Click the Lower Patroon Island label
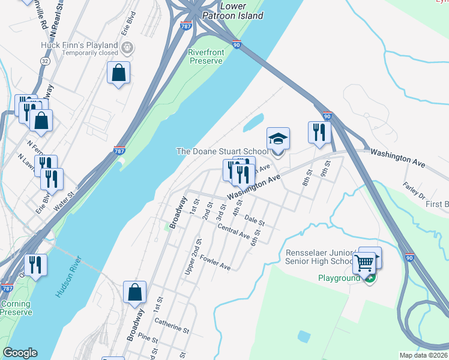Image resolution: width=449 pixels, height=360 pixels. click(x=242, y=11)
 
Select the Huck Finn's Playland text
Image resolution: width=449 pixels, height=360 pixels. click(x=79, y=46)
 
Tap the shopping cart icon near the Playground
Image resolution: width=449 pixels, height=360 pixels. click(x=364, y=262)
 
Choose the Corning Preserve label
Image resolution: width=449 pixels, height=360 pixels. click(x=16, y=308)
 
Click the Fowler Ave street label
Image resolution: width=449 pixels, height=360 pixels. click(x=215, y=262)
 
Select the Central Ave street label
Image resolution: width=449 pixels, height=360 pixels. click(x=234, y=232)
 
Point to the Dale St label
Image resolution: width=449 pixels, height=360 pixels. click(x=255, y=222)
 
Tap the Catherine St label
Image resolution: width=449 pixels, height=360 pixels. click(x=172, y=326)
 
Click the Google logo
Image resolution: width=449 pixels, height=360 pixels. click(x=20, y=353)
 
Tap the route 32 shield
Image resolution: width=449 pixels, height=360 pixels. click(x=46, y=61)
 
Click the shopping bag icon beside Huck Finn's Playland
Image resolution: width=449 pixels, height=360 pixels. click(x=119, y=73)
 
